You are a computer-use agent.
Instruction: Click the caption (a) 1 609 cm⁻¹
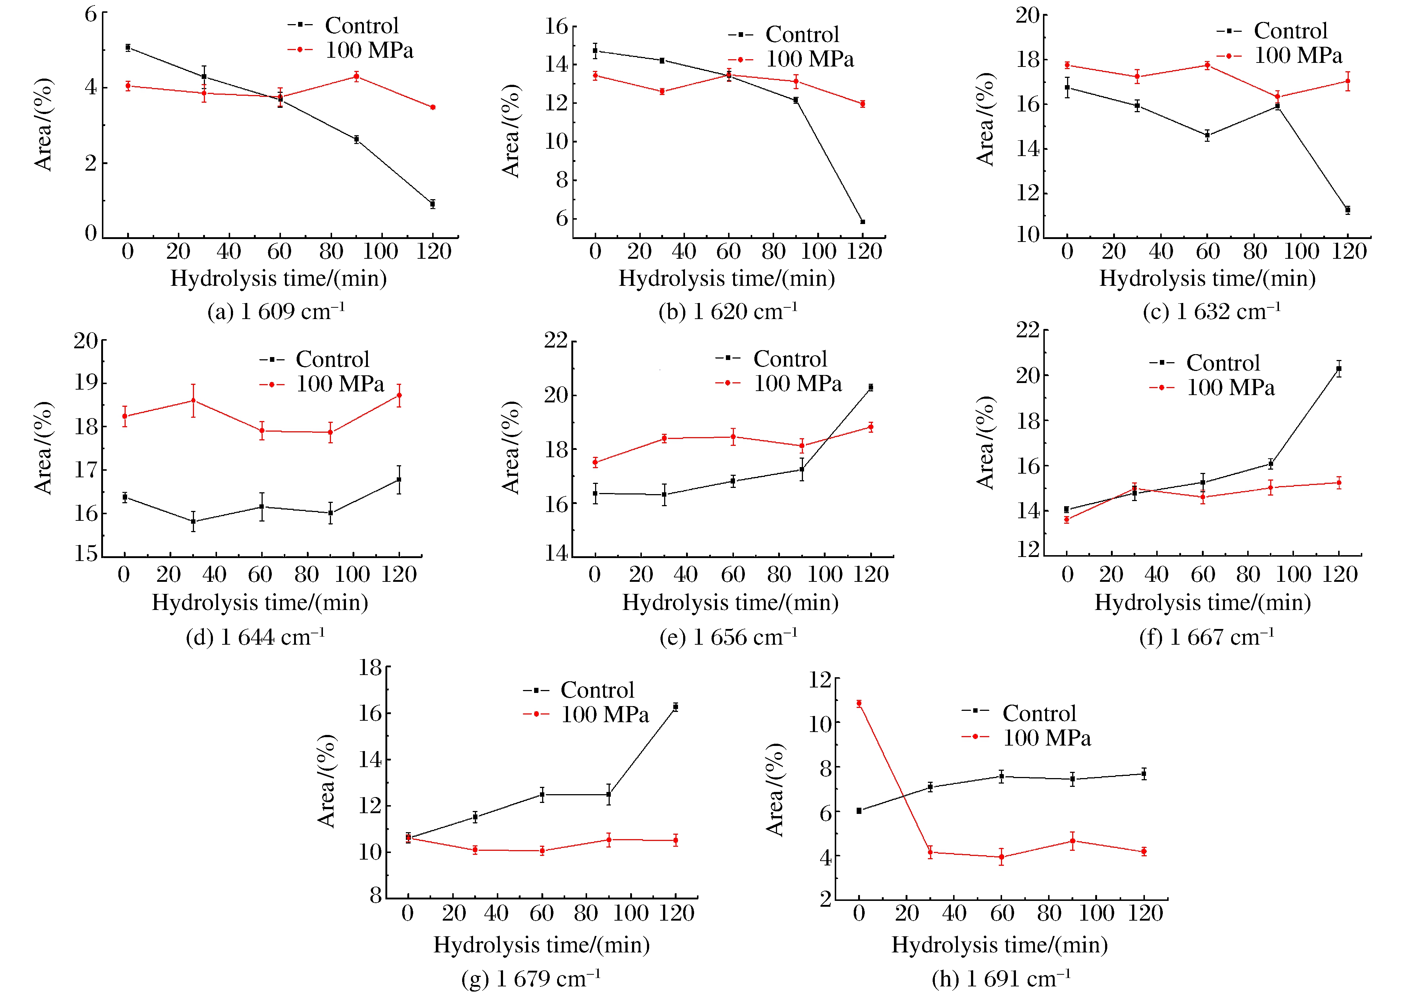276,312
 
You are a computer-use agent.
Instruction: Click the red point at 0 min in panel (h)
859,704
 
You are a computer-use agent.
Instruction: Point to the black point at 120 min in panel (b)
863,221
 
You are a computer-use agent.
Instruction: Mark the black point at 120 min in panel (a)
433,204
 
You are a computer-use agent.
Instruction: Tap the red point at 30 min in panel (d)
193,400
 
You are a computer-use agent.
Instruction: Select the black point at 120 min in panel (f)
1339,369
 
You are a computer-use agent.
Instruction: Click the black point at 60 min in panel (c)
1207,135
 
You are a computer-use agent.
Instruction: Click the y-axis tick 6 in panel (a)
91,14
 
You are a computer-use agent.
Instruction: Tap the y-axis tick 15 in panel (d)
86,554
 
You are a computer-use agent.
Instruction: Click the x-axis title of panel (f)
1203,602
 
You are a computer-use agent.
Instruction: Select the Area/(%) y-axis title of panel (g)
326,781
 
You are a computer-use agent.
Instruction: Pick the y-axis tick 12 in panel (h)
820,680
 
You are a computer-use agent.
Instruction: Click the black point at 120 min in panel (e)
871,387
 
